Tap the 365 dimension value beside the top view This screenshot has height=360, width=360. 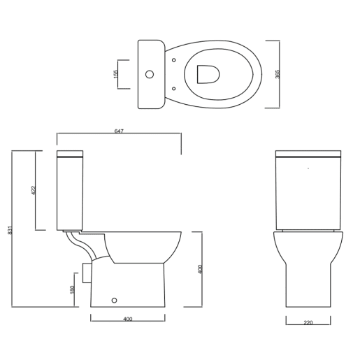click(278, 74)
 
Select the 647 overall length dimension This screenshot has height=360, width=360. click(119, 131)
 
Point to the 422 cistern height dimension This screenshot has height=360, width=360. click(33, 190)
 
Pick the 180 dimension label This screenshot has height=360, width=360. click(73, 290)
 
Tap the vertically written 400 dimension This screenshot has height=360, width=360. click(199, 269)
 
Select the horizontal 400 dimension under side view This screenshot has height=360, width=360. click(128, 319)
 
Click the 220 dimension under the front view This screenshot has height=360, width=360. click(308, 323)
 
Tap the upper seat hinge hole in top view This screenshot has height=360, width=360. click(173, 61)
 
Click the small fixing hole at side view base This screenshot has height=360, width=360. click(115, 301)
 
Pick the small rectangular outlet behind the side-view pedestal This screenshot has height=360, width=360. click(87, 273)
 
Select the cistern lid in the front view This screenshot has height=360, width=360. click(308, 154)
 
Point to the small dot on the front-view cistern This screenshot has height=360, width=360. click(308, 168)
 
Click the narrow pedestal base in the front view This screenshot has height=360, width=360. click(308, 287)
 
